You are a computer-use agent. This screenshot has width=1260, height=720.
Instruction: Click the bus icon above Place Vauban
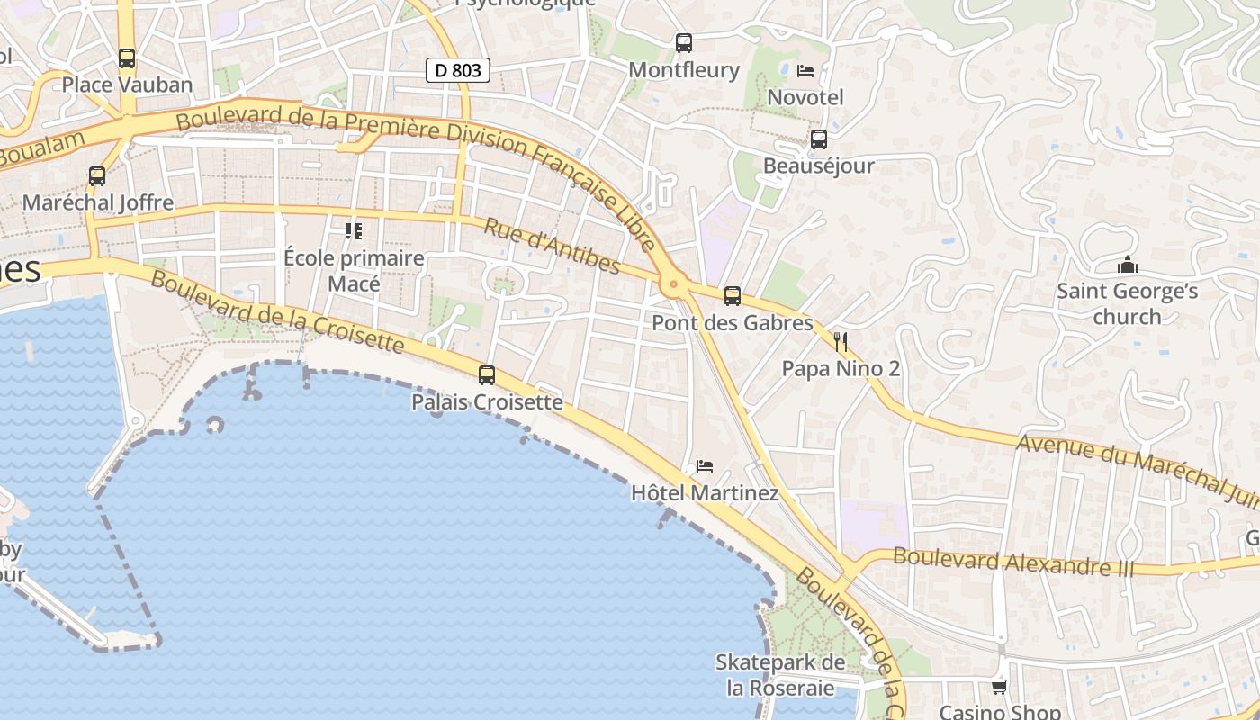tap(127, 58)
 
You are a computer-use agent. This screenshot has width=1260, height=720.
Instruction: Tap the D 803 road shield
tap(458, 69)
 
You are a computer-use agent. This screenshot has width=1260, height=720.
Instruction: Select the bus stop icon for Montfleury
tap(684, 42)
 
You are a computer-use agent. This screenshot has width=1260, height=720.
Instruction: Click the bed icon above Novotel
tap(805, 70)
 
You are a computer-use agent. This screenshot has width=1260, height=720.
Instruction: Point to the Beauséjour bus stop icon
tap(818, 139)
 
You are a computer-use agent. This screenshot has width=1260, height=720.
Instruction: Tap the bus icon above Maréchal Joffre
tap(97, 176)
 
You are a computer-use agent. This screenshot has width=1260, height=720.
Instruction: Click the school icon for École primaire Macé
tap(354, 231)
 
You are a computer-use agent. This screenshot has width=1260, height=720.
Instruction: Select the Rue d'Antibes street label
tap(552, 245)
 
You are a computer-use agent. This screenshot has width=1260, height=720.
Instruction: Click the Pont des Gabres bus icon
tap(733, 295)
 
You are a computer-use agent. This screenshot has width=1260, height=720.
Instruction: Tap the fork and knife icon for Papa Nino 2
tap(841, 342)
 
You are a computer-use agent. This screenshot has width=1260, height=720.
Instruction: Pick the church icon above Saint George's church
tap(1127, 265)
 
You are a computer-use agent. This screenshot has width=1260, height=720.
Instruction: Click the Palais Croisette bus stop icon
tap(487, 375)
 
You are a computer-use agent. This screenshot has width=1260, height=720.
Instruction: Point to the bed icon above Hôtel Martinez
tap(705, 466)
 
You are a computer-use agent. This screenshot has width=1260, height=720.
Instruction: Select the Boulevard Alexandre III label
tap(1013, 562)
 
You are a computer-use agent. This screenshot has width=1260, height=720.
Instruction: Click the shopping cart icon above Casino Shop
tap(999, 688)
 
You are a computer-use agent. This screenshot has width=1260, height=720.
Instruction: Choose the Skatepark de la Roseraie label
tap(780, 675)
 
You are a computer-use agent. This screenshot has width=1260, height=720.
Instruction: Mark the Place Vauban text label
tap(127, 85)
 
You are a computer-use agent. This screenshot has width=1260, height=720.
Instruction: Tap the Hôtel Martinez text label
tap(705, 493)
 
